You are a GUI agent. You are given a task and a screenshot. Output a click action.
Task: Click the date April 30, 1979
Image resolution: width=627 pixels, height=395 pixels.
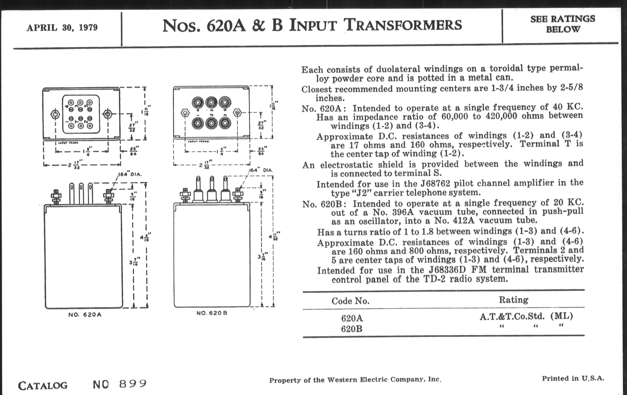62,28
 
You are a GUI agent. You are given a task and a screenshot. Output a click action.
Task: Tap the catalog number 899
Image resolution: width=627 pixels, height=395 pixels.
133,384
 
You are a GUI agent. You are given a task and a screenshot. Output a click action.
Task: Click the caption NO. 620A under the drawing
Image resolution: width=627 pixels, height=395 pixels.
85,315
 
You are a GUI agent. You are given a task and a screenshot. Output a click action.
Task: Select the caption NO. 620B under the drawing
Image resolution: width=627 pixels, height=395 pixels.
212,313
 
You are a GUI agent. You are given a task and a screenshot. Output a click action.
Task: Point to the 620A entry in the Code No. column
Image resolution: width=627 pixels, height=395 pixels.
352,318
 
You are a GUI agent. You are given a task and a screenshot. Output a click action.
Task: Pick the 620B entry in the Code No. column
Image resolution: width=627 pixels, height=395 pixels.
351,329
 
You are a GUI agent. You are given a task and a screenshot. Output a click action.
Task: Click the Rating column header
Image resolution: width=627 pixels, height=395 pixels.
514,300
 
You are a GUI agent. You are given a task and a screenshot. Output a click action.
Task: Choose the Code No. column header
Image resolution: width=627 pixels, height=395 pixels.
350,301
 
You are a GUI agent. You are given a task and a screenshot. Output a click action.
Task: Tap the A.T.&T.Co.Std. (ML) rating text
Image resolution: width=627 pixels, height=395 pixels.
526,316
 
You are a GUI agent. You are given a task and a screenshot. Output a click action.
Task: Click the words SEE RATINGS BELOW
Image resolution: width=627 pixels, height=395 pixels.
563,24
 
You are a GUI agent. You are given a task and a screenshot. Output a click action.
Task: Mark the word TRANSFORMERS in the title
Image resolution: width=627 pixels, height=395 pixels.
403,25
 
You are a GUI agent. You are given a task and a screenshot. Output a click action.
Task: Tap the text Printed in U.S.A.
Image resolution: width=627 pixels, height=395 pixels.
573,378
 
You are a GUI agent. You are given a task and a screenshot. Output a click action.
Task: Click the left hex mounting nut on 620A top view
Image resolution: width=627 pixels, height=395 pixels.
55,114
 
